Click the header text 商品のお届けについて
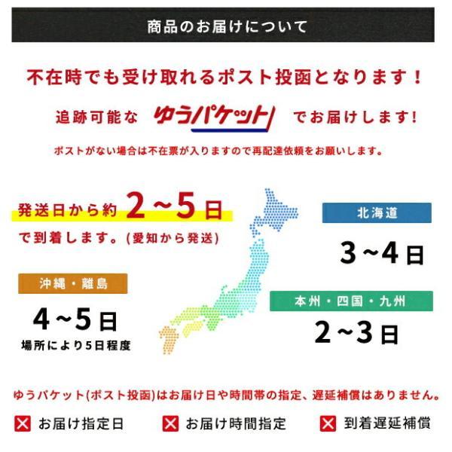227,28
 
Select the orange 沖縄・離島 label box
74,283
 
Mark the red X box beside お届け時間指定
170,423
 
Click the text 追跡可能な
97,118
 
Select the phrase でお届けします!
354,118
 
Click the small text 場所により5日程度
75,346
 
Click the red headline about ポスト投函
225,77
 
